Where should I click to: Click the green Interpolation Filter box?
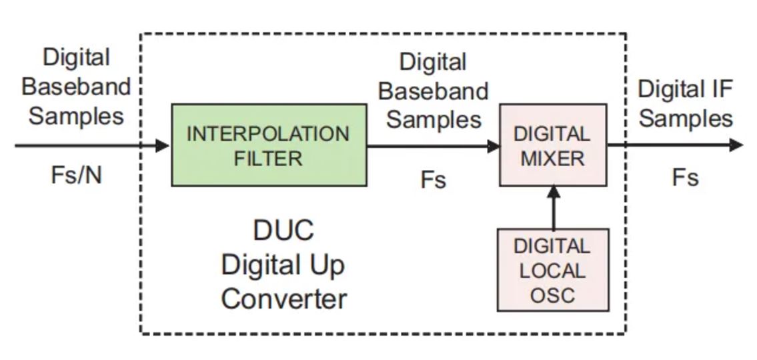pyautogui.click(x=269, y=145)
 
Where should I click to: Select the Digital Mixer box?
pyautogui.click(x=553, y=145)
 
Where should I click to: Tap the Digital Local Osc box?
pyautogui.click(x=553, y=270)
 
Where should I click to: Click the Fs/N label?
pyautogui.click(x=77, y=175)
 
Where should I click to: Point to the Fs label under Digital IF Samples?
pyautogui.click(x=685, y=178)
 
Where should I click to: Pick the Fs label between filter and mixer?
pyautogui.click(x=433, y=179)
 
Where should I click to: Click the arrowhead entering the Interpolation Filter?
pyautogui.click(x=163, y=145)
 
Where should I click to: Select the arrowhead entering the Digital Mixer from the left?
pyautogui.click(x=494, y=145)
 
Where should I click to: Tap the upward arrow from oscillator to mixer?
pyautogui.click(x=553, y=206)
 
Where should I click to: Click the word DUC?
pyautogui.click(x=283, y=231)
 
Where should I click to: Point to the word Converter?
pyautogui.click(x=283, y=299)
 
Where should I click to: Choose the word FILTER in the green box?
pyautogui.click(x=268, y=159)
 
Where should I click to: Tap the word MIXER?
pyautogui.click(x=553, y=159)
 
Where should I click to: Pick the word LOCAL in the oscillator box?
pyautogui.click(x=552, y=271)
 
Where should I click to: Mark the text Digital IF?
pyautogui.click(x=685, y=89)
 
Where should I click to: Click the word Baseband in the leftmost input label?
pyautogui.click(x=76, y=86)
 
